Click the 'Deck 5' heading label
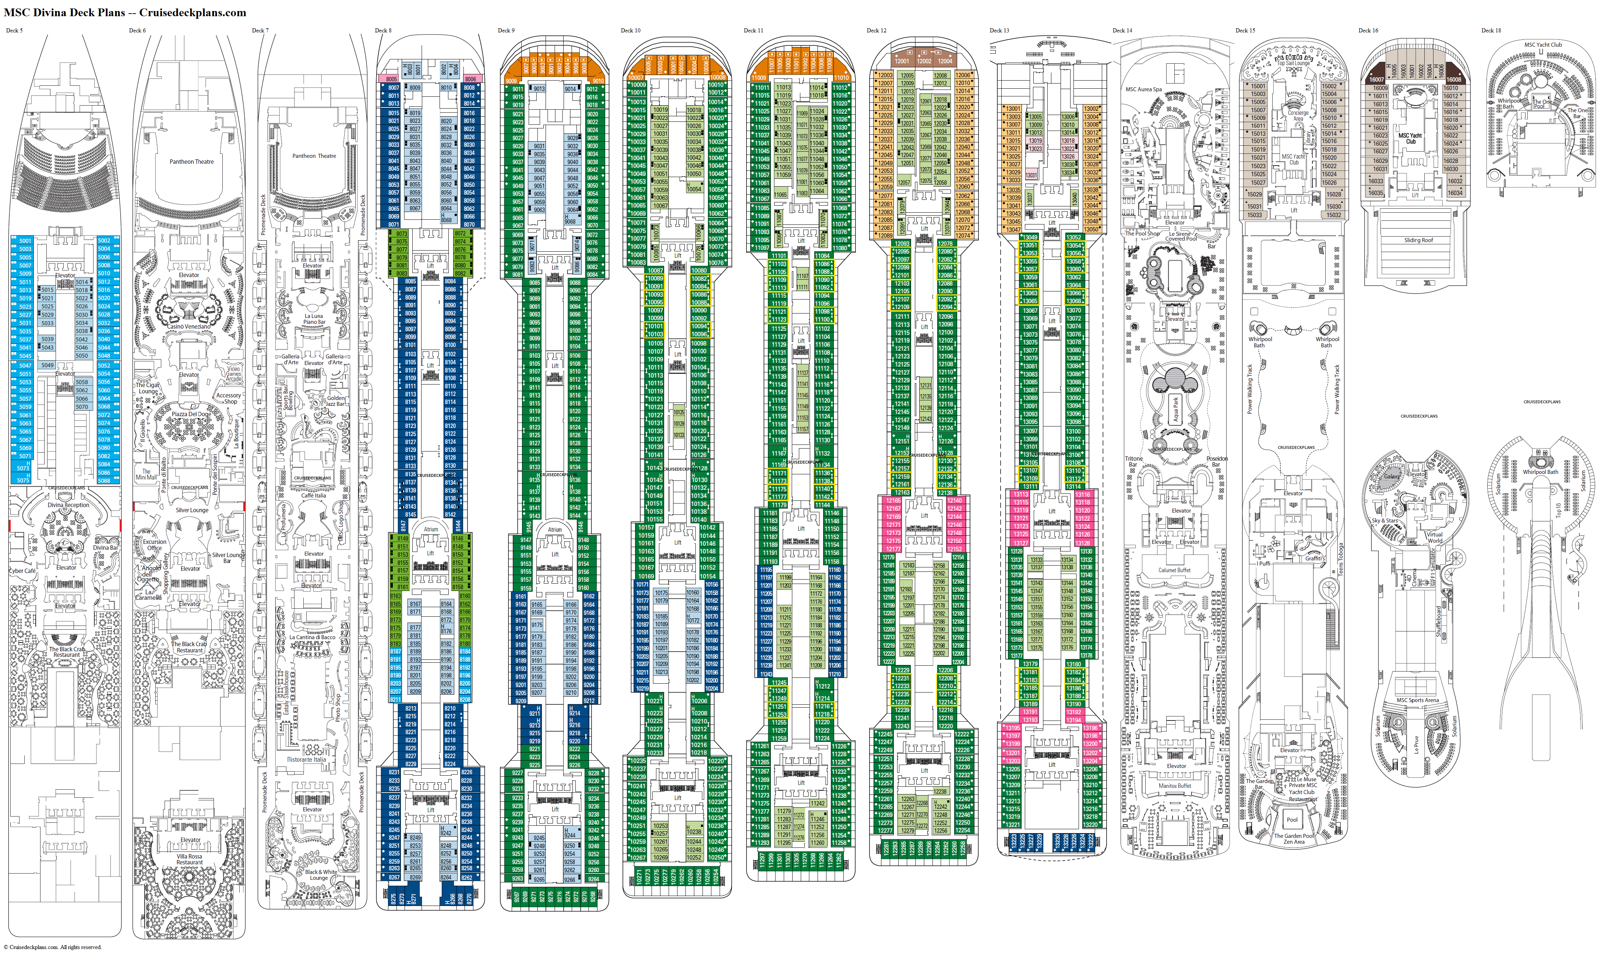[14, 30]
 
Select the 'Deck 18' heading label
[1491, 30]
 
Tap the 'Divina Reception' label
[68, 505]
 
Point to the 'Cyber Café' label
[22, 571]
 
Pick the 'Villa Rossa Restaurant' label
[190, 859]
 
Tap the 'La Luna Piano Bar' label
[314, 319]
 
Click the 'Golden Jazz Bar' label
[336, 401]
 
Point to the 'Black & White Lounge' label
[320, 875]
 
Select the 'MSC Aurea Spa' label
[1143, 89]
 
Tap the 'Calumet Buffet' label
[1174, 570]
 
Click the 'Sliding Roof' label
[1418, 240]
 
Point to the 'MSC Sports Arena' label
[1417, 700]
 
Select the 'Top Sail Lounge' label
[1294, 63]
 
